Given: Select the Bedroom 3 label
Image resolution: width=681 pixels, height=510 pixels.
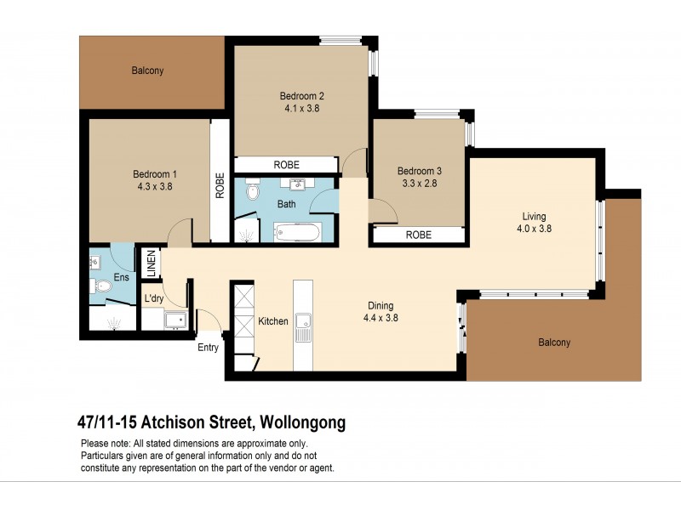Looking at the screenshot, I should click(419, 170).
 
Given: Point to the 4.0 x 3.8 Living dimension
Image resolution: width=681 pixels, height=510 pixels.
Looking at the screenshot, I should click(535, 228).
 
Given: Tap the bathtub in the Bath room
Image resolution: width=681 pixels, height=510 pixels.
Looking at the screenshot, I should click(298, 231).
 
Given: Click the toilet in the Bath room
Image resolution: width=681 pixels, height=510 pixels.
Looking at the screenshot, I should click(252, 193).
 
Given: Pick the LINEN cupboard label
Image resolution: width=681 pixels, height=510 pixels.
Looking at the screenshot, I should click(152, 263).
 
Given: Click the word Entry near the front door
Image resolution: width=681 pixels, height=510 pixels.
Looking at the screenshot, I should click(208, 347).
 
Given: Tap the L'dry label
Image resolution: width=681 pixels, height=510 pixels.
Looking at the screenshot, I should click(154, 298).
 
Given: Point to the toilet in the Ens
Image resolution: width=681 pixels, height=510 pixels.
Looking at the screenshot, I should click(103, 286).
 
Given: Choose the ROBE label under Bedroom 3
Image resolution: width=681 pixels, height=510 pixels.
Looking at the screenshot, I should click(418, 235).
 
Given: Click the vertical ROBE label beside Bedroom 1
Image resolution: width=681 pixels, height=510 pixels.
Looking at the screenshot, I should click(220, 185).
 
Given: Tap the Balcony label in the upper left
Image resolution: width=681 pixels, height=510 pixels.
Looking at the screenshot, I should click(147, 71).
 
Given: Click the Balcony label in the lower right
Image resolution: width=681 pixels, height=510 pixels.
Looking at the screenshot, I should click(553, 343).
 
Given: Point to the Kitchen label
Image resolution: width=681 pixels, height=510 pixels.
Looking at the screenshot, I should click(273, 321).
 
